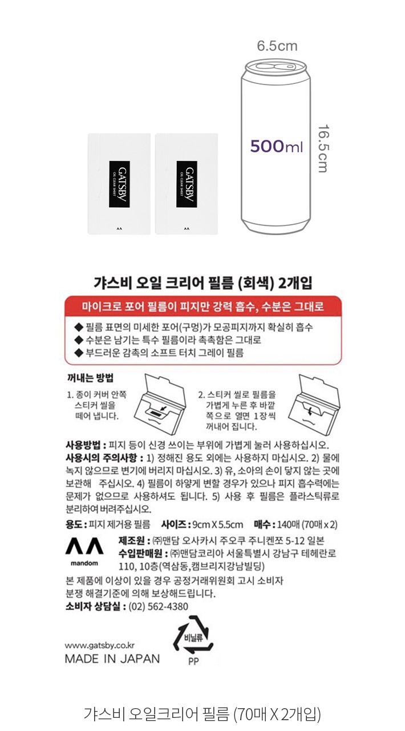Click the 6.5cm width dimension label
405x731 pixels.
(x=277, y=46)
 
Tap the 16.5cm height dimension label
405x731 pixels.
(x=323, y=148)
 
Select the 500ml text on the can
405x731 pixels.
(x=276, y=147)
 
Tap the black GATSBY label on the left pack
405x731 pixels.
(x=120, y=184)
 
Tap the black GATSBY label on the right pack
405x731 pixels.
(x=187, y=184)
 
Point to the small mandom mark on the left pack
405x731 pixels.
(x=119, y=229)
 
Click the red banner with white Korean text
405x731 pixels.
(x=202, y=306)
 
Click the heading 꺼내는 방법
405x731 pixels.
(x=90, y=377)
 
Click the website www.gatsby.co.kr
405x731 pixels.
(x=99, y=645)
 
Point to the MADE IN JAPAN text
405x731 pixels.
(x=112, y=659)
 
